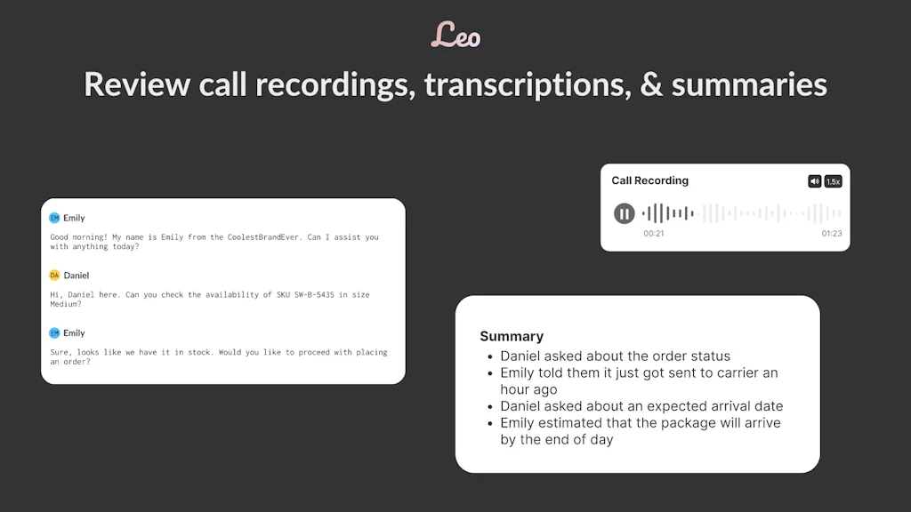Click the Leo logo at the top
(455, 36)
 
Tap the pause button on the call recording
(625, 213)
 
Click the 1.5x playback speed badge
(833, 181)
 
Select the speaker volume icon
(814, 181)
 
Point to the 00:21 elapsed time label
(654, 234)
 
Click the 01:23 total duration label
(831, 234)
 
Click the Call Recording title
(649, 180)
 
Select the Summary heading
(512, 336)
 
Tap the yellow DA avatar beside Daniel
(54, 276)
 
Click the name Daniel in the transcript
(77, 276)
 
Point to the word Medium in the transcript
(66, 304)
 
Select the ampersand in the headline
(652, 85)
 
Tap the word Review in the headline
(136, 85)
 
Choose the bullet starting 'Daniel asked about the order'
(615, 356)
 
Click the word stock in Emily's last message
(190, 352)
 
